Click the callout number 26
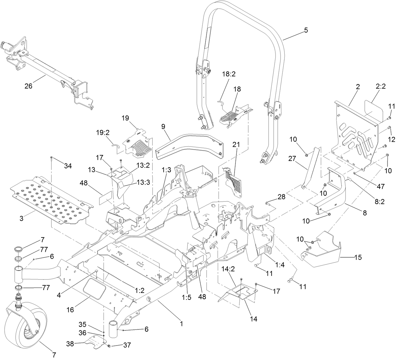coord(28,86)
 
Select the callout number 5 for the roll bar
coord(306,31)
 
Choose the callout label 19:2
coord(103,133)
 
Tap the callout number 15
coord(358,258)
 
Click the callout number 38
coord(70,344)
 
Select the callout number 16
coord(70,310)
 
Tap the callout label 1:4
coord(279,265)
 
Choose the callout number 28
coord(281,197)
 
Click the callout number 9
coord(163,127)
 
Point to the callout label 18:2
coord(229,74)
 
